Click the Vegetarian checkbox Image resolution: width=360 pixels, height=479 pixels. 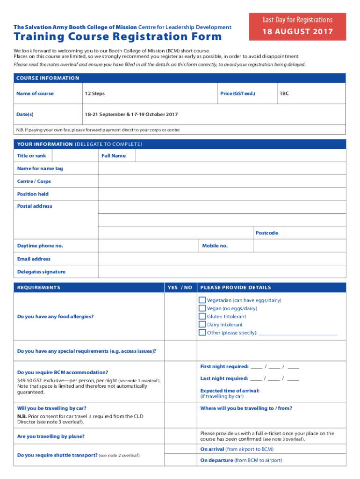pyautogui.click(x=202, y=300)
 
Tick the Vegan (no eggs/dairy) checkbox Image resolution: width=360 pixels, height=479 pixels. pyautogui.click(x=202, y=308)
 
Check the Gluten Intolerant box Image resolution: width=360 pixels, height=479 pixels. pyautogui.click(x=202, y=317)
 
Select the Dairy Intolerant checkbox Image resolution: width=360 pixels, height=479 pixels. pyautogui.click(x=202, y=325)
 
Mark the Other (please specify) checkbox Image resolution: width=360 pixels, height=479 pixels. pyautogui.click(x=202, y=333)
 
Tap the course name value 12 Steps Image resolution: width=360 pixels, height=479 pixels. pyautogui.click(x=94, y=94)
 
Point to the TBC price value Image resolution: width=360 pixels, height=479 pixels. pyautogui.click(x=284, y=94)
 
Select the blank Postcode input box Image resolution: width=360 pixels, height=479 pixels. pyautogui.click(x=314, y=233)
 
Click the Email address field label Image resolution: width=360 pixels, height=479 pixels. pyautogui.click(x=34, y=259)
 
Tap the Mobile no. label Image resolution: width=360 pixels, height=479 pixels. pyautogui.click(x=215, y=246)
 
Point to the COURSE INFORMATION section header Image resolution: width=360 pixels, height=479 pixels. pyautogui.click(x=48, y=78)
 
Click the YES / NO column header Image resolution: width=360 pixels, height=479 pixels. pyautogui.click(x=180, y=288)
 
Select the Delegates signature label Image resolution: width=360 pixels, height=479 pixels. pyautogui.click(x=41, y=272)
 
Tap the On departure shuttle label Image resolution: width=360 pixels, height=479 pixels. pyautogui.click(x=241, y=460)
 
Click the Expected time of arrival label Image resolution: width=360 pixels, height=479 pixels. pyautogui.click(x=230, y=391)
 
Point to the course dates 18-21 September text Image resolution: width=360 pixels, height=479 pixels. pyautogui.click(x=131, y=115)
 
